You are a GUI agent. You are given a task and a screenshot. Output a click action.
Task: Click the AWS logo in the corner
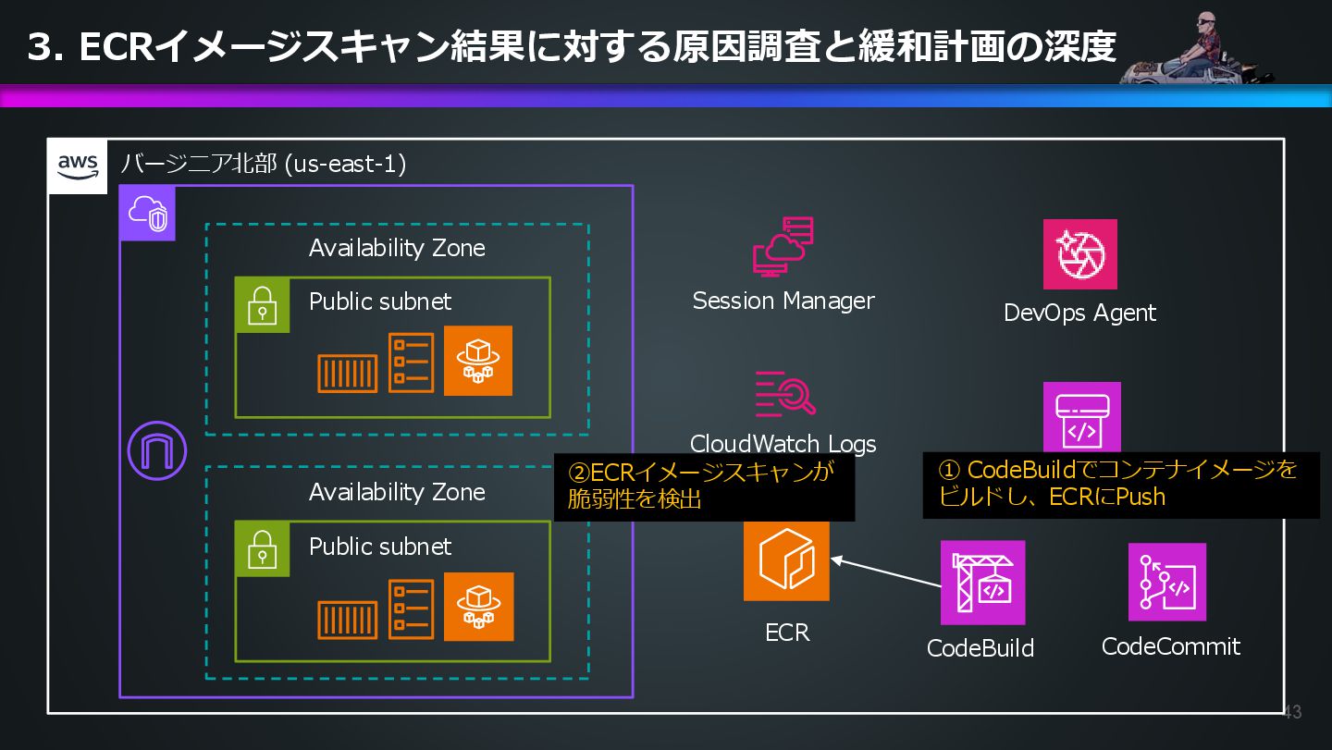(78, 166)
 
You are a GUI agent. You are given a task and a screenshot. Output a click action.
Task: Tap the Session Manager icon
(783, 247)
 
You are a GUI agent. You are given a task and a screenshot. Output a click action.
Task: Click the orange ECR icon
(786, 559)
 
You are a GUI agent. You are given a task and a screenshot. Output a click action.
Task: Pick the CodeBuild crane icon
(982, 583)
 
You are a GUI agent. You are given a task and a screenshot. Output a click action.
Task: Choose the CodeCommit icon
(1166, 582)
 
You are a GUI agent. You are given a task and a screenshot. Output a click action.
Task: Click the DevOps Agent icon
(1079, 254)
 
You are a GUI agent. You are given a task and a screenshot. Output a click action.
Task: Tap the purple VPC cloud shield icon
(147, 213)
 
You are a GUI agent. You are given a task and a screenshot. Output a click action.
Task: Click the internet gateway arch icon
(157, 450)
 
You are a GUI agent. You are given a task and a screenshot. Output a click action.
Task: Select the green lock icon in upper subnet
(263, 305)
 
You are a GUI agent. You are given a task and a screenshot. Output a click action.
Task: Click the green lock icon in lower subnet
(263, 549)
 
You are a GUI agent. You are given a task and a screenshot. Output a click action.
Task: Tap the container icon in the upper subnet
(347, 374)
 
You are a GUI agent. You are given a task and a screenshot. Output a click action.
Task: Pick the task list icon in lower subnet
(411, 609)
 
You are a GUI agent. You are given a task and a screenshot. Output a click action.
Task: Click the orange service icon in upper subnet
(477, 361)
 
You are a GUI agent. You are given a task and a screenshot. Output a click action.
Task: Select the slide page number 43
(1291, 712)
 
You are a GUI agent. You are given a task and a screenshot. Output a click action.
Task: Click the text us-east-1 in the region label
(344, 165)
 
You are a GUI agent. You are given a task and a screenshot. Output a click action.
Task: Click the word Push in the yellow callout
(1141, 497)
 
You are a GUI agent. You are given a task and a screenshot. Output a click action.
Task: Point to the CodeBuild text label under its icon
(980, 648)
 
